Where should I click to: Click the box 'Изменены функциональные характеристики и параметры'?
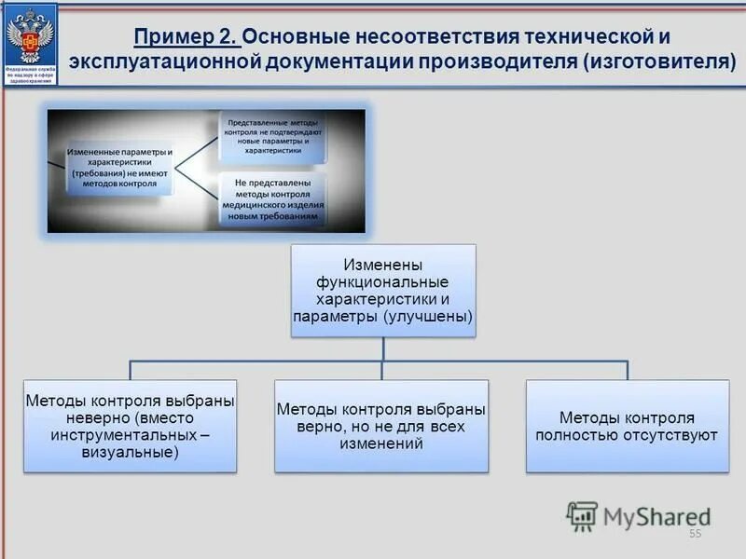383,290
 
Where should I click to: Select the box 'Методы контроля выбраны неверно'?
130,426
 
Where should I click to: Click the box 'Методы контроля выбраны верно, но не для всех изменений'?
381,426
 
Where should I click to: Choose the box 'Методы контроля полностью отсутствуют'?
627,426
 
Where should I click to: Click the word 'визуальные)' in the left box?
130,452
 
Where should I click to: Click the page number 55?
695,534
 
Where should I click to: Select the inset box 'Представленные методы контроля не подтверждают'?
273,135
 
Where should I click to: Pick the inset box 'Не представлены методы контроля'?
273,198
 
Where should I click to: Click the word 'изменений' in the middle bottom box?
381,443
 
